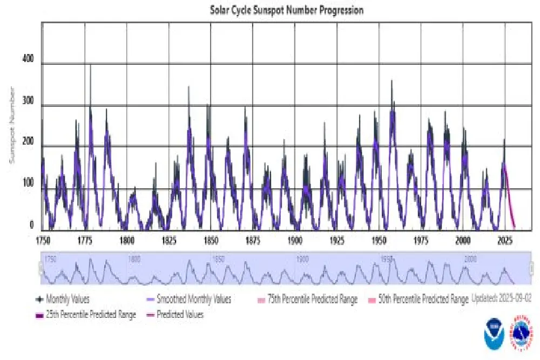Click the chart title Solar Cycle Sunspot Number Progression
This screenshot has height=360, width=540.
[286, 10]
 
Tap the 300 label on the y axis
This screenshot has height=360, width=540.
[28, 103]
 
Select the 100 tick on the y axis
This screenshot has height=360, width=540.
[28, 186]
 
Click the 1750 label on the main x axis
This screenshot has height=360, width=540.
[43, 239]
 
